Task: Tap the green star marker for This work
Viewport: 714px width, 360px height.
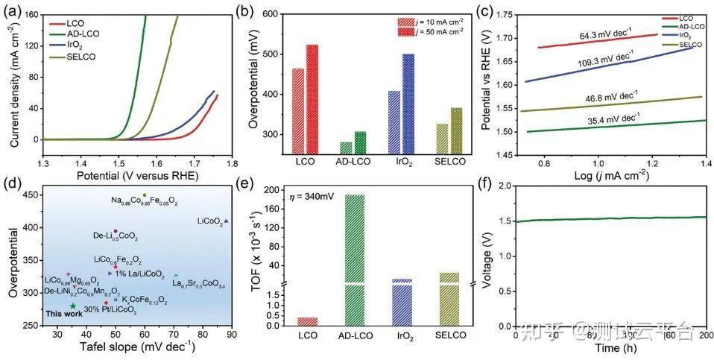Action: [73, 306]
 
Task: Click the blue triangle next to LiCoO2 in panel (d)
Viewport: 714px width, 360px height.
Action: [227, 221]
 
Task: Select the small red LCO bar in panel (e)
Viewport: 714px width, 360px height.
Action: [307, 321]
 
